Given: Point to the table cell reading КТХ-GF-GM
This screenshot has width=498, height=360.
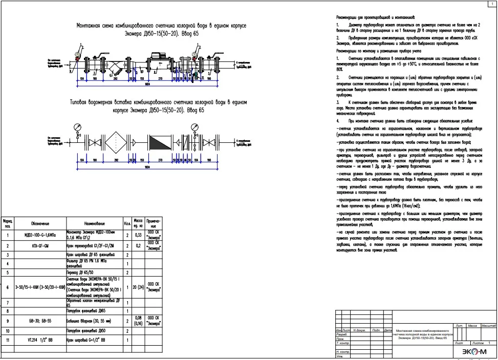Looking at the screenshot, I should [40, 246].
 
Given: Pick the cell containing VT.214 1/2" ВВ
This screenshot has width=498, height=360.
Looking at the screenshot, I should [40, 340].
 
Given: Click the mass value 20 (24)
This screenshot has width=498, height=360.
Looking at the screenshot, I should [137, 287].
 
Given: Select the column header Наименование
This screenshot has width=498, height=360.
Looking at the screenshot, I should [94, 224].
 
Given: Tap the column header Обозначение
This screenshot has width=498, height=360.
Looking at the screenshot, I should [40, 224].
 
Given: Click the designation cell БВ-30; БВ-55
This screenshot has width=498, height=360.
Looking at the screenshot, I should [40, 321].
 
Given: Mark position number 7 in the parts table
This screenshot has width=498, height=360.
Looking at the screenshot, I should [8, 303].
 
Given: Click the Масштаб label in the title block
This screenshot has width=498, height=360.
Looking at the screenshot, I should [488, 326].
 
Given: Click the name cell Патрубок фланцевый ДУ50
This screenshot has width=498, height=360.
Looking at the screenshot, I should [94, 331].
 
